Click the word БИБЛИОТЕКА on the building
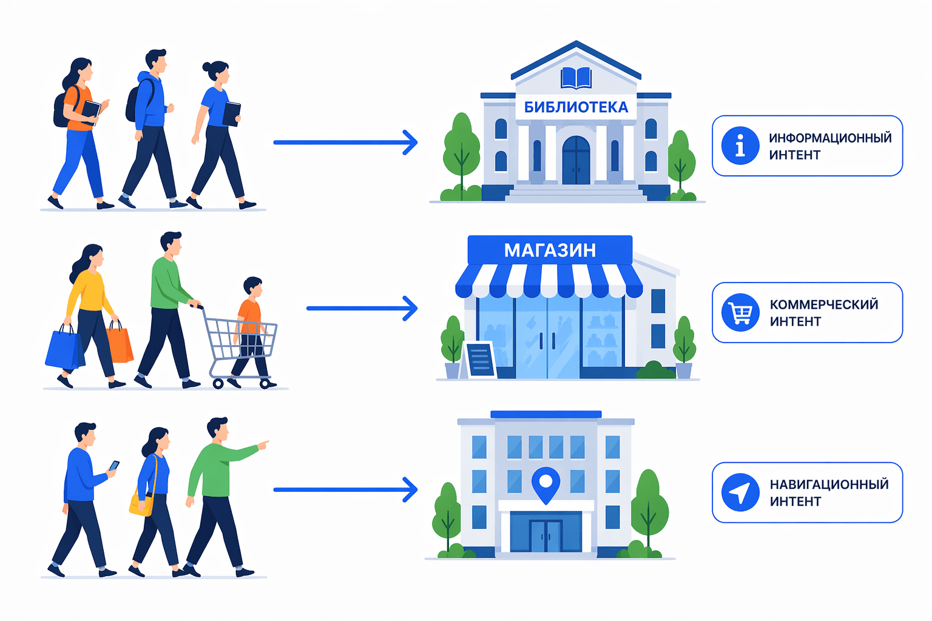pos(576,107)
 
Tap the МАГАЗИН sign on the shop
pos(550,250)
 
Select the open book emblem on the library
pos(576,78)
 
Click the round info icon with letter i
pos(740,146)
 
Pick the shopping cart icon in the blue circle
pos(740,312)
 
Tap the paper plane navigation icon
pos(740,492)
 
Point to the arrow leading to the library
pos(345,143)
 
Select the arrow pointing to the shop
pos(362,308)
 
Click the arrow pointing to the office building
pos(345,489)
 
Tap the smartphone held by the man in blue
pos(114,465)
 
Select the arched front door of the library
pos(576,160)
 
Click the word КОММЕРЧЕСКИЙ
pos(824,304)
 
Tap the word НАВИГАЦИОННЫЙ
pos(829,484)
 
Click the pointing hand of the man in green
pos(263,445)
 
